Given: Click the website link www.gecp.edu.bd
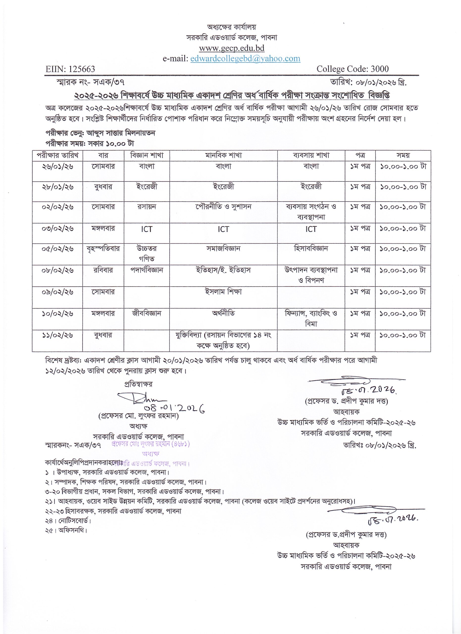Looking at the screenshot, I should pyautogui.click(x=232, y=48).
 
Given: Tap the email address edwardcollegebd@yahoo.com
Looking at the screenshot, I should pyautogui.click(x=245, y=58).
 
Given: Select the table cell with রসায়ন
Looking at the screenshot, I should pyautogui.click(x=147, y=207).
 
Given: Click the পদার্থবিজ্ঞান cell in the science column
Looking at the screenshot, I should pyautogui.click(x=147, y=270).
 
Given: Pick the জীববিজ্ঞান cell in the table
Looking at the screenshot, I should pyautogui.click(x=147, y=313).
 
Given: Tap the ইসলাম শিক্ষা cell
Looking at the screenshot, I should pyautogui.click(x=224, y=291).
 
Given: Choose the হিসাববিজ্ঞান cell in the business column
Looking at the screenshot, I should pyautogui.click(x=311, y=248).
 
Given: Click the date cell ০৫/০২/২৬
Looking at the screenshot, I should pyautogui.click(x=57, y=248).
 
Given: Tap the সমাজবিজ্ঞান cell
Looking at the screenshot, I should pyautogui.click(x=224, y=248).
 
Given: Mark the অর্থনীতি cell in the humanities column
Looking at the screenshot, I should pyautogui.click(x=224, y=313).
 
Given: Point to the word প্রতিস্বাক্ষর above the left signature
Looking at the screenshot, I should pyautogui.click(x=138, y=384).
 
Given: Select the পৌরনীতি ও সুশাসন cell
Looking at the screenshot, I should pyautogui.click(x=224, y=207).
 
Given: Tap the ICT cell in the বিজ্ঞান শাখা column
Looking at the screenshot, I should pyautogui.click(x=147, y=229).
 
